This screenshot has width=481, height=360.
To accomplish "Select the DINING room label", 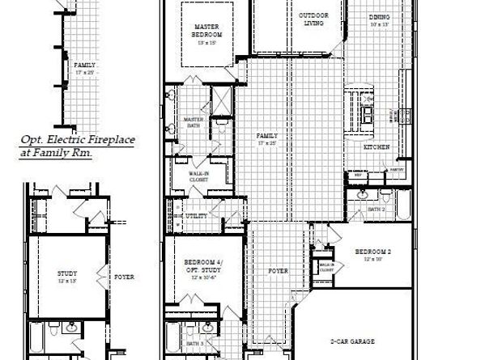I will pos(378,16).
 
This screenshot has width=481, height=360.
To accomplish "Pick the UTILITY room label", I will pos(195,217).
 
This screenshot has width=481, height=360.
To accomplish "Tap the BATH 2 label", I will pos(375,209).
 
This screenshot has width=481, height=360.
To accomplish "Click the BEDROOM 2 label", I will pos(373,252).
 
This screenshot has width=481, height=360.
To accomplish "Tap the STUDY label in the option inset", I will pos(67,273).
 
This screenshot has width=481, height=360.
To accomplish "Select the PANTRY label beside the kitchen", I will pos(396,170).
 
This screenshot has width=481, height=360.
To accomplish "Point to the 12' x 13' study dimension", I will pos(67,282).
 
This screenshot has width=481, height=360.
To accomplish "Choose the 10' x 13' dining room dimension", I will pos(379,24).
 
